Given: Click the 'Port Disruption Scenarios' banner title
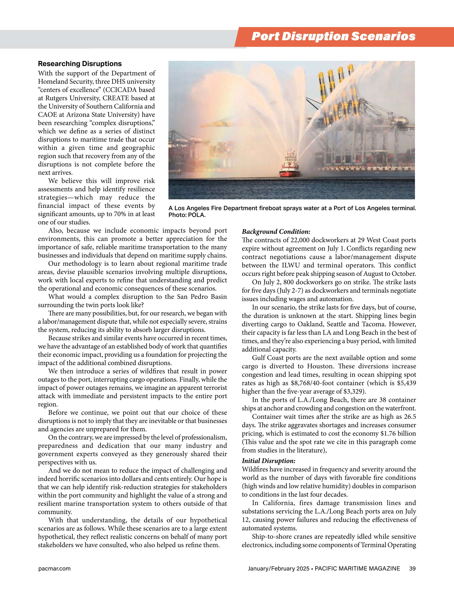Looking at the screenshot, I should pyautogui.click(x=333, y=37).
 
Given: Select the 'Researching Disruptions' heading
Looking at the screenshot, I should pyautogui.click(x=80, y=64).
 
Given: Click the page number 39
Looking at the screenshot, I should pyautogui.click(x=412, y=568).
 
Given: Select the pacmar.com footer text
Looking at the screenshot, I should pyautogui.click(x=54, y=568).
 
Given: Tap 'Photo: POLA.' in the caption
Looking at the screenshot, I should pyautogui.click(x=187, y=215).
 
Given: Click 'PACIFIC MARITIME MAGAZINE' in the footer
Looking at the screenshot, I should pyautogui.click(x=357, y=568).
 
